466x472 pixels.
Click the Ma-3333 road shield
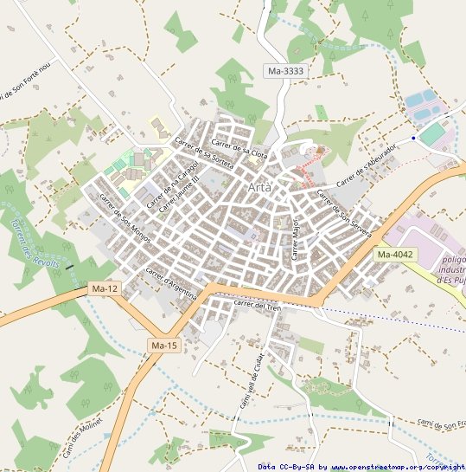pos(285,71)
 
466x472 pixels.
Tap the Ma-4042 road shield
pos(395,255)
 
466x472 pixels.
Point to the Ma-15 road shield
pos(163,346)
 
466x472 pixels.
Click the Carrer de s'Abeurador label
pos(367,164)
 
